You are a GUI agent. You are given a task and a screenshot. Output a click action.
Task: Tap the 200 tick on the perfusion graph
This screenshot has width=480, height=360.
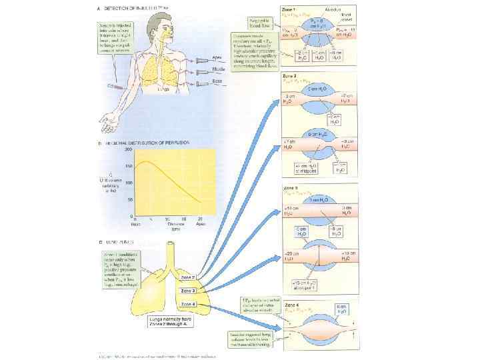(x=131, y=149)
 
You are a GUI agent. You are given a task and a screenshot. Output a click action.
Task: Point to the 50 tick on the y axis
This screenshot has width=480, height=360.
(x=131, y=199)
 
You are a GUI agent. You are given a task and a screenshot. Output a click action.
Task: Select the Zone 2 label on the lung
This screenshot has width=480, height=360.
(x=188, y=277)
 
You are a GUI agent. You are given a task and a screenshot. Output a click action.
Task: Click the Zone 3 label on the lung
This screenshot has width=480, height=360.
(x=188, y=291)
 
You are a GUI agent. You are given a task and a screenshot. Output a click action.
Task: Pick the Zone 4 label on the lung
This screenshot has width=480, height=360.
(x=188, y=304)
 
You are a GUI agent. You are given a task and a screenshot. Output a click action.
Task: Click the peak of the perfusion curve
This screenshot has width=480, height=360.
(x=147, y=161)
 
